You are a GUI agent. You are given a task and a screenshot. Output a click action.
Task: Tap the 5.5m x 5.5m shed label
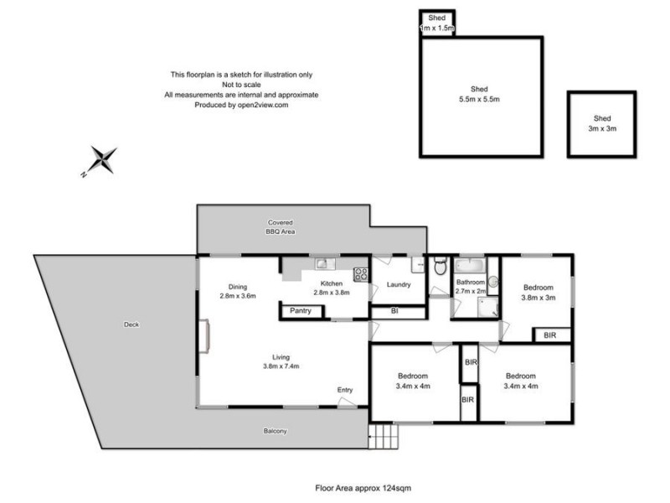[479, 94]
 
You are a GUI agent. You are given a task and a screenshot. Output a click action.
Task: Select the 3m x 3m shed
[601, 123]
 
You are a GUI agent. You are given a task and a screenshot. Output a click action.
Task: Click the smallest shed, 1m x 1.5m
[436, 23]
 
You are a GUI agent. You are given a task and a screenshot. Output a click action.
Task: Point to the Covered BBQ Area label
[281, 226]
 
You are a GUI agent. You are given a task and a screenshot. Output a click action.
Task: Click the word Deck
[131, 324]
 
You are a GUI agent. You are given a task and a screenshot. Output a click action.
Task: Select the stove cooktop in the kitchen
[361, 273]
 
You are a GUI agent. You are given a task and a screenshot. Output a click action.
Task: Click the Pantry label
[301, 311]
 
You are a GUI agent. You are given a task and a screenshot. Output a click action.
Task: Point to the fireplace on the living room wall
[203, 339]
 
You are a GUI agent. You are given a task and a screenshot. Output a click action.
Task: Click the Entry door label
[345, 390]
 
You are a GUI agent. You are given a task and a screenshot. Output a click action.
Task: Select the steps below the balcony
[381, 435]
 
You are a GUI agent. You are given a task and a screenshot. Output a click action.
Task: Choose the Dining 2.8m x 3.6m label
[237, 290]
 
